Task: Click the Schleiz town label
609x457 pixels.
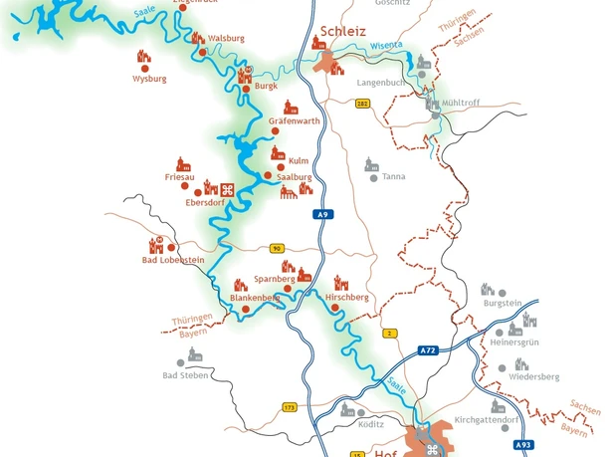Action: point(345,32)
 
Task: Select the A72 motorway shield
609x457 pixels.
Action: point(427,350)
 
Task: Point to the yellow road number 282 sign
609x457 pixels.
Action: point(362,103)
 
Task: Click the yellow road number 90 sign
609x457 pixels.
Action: point(277,248)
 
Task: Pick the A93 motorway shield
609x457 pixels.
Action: point(523,445)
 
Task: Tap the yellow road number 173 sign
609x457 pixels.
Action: point(290,406)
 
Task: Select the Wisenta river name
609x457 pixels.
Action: point(386,46)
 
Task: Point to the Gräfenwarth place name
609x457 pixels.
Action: point(295,121)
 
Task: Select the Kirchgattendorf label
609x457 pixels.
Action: point(486,420)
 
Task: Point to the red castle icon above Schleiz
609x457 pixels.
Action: point(320,42)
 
